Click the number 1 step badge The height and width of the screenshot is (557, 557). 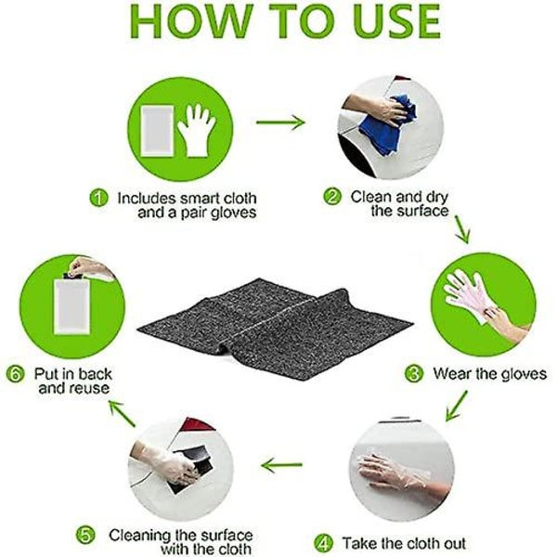pyautogui.click(x=98, y=198)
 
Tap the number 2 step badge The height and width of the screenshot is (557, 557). pyautogui.click(x=332, y=196)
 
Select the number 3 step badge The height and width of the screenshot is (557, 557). pyautogui.click(x=414, y=373)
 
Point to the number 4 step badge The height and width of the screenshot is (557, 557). pyautogui.click(x=324, y=543)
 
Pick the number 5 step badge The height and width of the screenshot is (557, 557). pyautogui.click(x=85, y=535)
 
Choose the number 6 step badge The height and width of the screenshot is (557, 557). pyautogui.click(x=15, y=374)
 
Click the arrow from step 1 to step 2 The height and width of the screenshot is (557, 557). pyautogui.click(x=280, y=123)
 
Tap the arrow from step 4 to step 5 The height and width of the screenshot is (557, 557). pyautogui.click(x=281, y=465)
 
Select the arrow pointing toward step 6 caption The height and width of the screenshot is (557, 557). pyautogui.click(x=122, y=413)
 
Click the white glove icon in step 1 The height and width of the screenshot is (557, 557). pyautogui.click(x=197, y=130)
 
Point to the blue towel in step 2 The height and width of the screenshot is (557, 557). pyautogui.click(x=388, y=124)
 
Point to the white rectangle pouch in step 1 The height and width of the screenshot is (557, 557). pyautogui.click(x=157, y=131)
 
